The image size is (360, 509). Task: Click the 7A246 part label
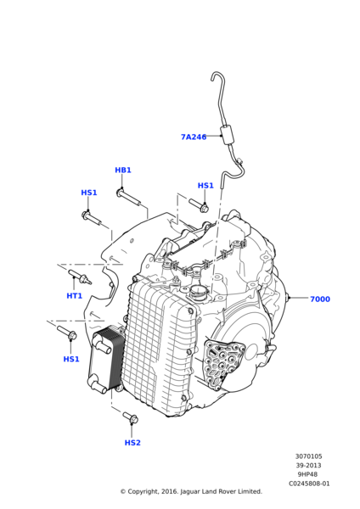coord(194,137)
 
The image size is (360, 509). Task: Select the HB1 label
coord(123,171)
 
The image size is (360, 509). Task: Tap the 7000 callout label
coord(320,299)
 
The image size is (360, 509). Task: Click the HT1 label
coord(75,296)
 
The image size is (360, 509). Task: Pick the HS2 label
coord(132,443)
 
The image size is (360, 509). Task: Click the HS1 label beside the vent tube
coord(205,185)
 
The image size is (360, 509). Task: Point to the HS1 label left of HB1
coord(89,193)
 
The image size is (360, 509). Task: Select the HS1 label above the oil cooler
coord(71,359)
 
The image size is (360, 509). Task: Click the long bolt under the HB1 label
coord(129,198)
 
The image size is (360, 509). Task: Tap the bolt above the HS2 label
coord(131,417)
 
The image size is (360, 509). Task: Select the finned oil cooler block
coord(105,360)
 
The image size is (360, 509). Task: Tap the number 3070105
coord(309,456)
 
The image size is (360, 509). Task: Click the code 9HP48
coord(307,474)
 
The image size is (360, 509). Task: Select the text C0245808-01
coord(309,484)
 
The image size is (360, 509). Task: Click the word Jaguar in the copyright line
coord(190,492)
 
